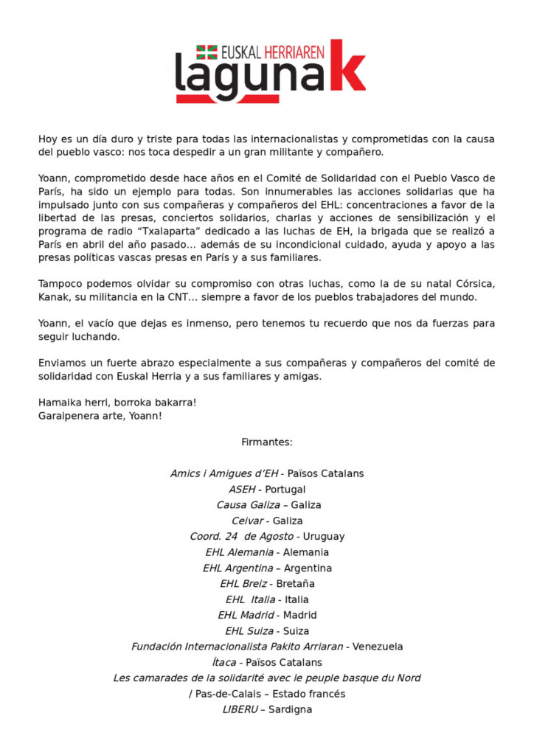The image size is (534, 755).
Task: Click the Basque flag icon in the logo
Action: point(207,52)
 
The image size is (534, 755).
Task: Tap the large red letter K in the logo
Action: point(347,67)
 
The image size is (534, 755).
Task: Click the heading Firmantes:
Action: point(267,442)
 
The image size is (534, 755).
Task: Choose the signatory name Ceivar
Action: point(249,521)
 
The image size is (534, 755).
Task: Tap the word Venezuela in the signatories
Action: point(378,647)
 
